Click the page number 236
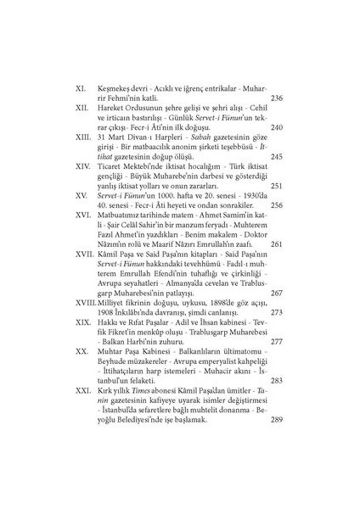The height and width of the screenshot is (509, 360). (x=277, y=98)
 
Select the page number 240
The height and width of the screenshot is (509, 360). (x=277, y=128)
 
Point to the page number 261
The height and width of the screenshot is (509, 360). (x=277, y=244)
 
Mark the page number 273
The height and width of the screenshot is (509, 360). (x=277, y=312)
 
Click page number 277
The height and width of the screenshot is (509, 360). (x=277, y=342)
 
